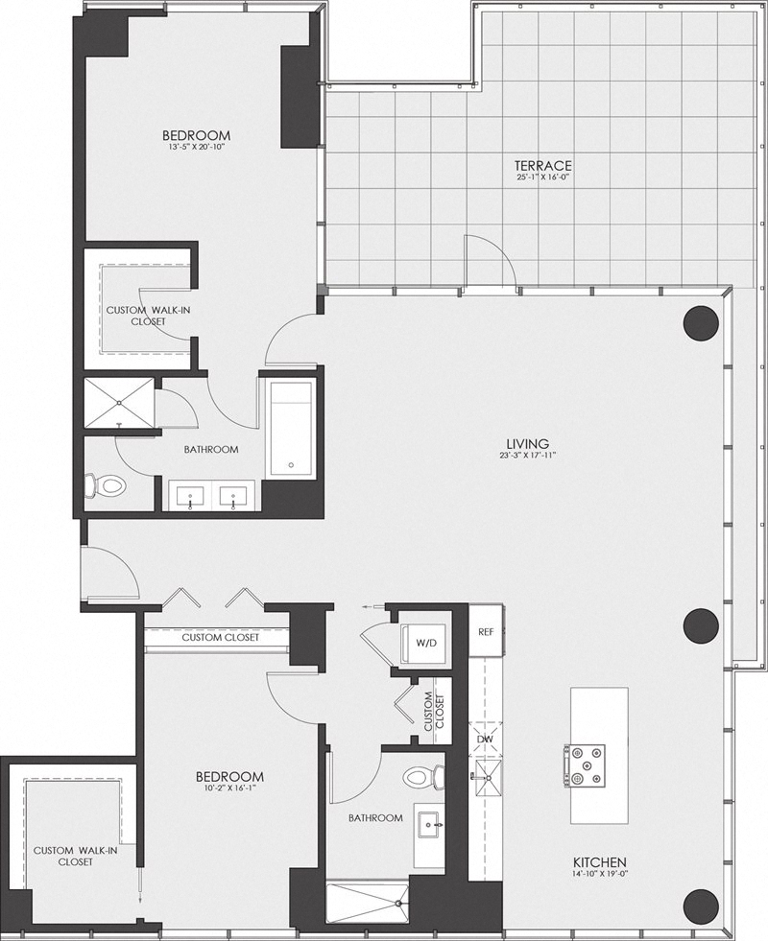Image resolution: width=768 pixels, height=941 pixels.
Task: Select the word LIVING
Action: tap(528, 443)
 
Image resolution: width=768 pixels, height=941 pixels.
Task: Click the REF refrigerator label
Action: tap(486, 632)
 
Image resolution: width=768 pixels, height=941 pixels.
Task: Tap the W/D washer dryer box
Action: tap(422, 642)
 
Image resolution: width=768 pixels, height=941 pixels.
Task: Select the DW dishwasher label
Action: tap(485, 740)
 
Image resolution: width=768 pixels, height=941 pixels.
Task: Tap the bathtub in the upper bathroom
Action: tap(289, 428)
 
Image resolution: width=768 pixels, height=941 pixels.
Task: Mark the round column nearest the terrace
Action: tap(700, 322)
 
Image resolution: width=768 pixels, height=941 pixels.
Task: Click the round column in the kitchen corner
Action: tap(701, 905)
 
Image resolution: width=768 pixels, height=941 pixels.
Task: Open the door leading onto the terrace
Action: tap(491, 264)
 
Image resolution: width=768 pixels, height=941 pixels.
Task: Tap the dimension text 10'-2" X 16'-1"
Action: tap(230, 788)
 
